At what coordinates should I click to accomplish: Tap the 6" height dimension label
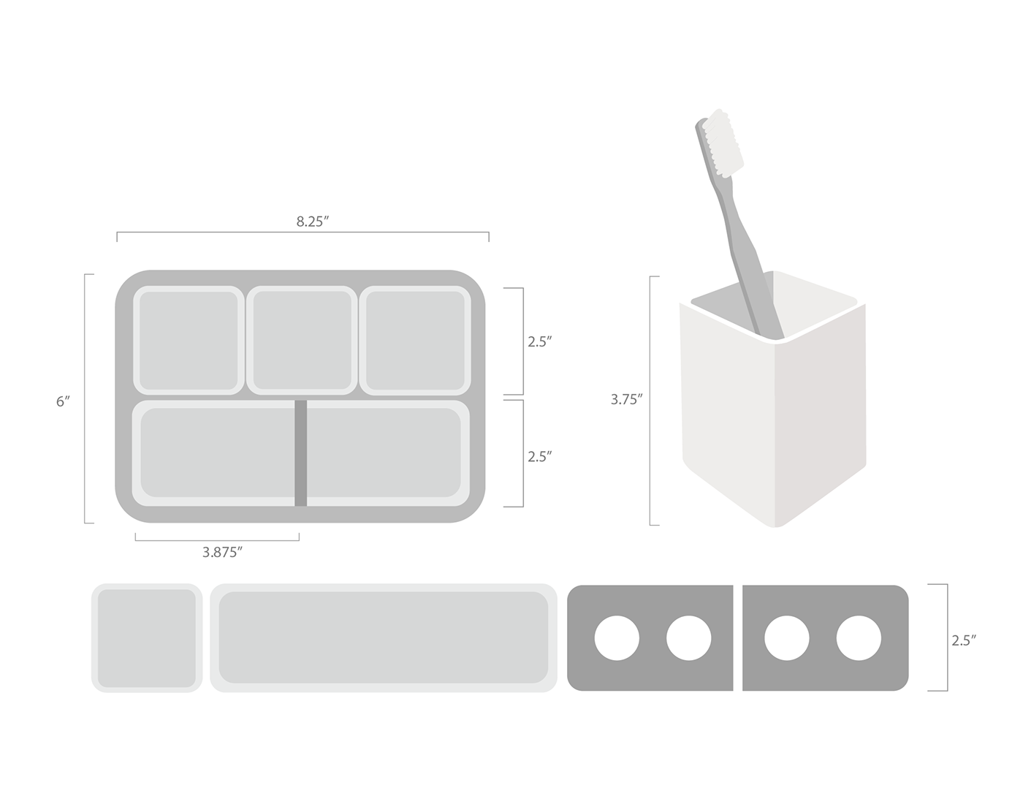tap(64, 401)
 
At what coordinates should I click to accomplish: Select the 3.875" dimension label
tap(222, 553)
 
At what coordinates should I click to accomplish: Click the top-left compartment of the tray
tap(188, 339)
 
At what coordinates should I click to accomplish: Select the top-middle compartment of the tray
tap(301, 339)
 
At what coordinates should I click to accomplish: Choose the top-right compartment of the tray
tap(414, 339)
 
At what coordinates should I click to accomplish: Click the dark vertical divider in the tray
tap(300, 453)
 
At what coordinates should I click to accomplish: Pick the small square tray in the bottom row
tap(146, 638)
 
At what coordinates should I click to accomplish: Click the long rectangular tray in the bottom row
tap(384, 638)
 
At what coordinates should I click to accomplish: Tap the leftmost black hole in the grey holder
tap(617, 637)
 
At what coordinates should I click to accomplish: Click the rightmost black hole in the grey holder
tap(859, 637)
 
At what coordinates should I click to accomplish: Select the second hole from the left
tap(688, 637)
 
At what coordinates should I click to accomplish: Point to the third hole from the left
tap(787, 637)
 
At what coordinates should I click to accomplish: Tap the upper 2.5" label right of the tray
tap(540, 341)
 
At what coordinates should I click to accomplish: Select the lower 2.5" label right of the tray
tap(540, 457)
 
